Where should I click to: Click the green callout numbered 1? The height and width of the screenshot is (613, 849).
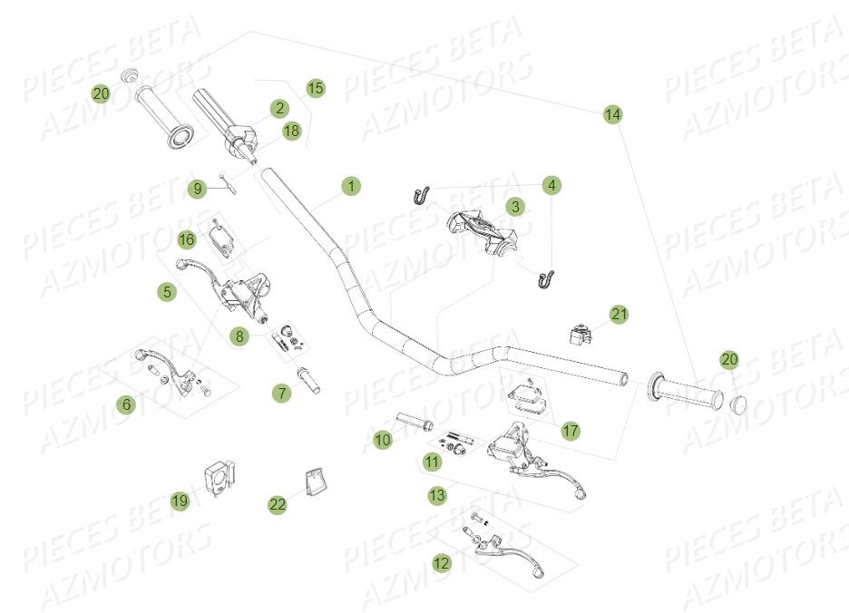pos(351,187)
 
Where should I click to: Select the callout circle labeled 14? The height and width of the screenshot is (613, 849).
pos(613,114)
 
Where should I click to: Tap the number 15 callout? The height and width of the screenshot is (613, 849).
pos(315,88)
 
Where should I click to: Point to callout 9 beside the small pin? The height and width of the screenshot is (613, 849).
pos(197,189)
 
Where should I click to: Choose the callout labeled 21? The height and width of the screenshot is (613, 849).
pos(619,315)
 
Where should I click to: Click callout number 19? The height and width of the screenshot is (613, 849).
pos(181,500)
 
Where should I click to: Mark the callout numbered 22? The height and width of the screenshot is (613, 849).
pos(277,505)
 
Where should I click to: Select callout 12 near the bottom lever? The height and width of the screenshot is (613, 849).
pos(441,563)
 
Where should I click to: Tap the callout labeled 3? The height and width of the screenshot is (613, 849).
pos(514,207)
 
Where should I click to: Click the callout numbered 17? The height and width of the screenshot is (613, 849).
pos(570,431)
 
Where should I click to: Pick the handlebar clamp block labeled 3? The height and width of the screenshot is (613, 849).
pos(481,229)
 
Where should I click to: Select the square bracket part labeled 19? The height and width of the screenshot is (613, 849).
pos(219,479)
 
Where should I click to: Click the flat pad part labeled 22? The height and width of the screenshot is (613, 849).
pos(314,482)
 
